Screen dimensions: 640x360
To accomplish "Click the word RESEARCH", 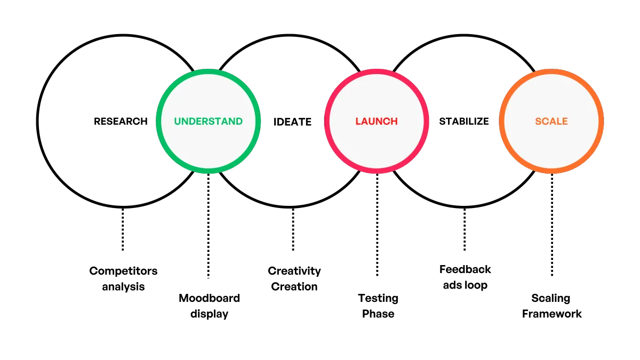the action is pyautogui.click(x=121, y=122).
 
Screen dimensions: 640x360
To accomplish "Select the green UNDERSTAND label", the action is pyautogui.click(x=209, y=122).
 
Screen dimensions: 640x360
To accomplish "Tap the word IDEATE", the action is pyautogui.click(x=292, y=122).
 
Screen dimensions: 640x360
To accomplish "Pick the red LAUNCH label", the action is pyautogui.click(x=377, y=122).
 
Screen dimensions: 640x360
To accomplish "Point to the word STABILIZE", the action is pyautogui.click(x=464, y=122).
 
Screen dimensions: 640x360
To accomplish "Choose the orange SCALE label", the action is pyautogui.click(x=551, y=122).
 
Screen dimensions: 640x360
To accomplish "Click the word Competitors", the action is pyautogui.click(x=123, y=271).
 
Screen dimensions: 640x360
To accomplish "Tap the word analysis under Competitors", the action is pyautogui.click(x=123, y=286).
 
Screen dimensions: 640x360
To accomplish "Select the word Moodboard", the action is pyautogui.click(x=209, y=298).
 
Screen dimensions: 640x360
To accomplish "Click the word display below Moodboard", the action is pyautogui.click(x=209, y=314).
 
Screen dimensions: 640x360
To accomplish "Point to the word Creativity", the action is pyautogui.click(x=294, y=271).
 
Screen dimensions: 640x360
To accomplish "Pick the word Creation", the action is pyautogui.click(x=294, y=286).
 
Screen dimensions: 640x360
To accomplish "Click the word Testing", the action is pyautogui.click(x=378, y=298).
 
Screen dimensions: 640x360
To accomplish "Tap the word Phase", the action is pyautogui.click(x=378, y=314).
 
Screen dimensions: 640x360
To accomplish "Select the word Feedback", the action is pyautogui.click(x=465, y=269).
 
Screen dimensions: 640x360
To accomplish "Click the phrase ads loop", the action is pyautogui.click(x=465, y=285).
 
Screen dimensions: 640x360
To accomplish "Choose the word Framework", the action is pyautogui.click(x=551, y=314).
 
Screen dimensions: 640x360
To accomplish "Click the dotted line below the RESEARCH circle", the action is pyautogui.click(x=123, y=229).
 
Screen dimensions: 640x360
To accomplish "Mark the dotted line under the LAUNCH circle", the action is pyautogui.click(x=377, y=225).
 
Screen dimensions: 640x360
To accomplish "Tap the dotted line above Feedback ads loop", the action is pyautogui.click(x=465, y=229).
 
